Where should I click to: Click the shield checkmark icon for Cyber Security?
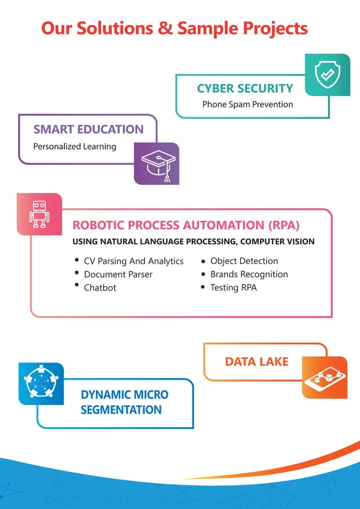[x=327, y=75]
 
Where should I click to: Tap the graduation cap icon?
[x=156, y=163]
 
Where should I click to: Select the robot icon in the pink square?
[x=39, y=214]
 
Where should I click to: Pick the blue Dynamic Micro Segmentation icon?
[x=41, y=384]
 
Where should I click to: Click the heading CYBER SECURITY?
[x=245, y=88]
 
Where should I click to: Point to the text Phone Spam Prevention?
[x=247, y=104]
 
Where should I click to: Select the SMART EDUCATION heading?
[x=89, y=129]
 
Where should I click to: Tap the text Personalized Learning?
[x=74, y=147]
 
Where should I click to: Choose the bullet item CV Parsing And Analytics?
[x=134, y=261]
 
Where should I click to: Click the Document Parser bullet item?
[x=118, y=274]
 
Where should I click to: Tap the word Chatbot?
[x=100, y=288]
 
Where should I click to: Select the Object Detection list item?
[x=244, y=261]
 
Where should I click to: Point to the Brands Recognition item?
[x=249, y=274]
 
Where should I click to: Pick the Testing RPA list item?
[x=233, y=288]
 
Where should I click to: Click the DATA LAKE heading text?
[x=256, y=362]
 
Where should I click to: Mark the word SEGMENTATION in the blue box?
[x=121, y=410]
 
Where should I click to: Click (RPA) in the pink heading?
[x=283, y=225]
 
